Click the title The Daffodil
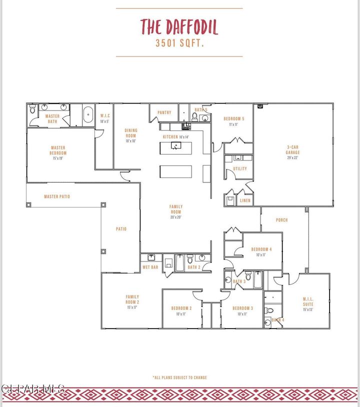[x=179, y=26]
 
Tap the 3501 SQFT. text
[x=179, y=43]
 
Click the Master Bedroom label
[x=58, y=150]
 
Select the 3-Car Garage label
[x=292, y=149]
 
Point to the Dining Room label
[x=130, y=133]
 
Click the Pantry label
[x=164, y=113]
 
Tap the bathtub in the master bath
[x=88, y=114]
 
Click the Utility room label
[x=240, y=169]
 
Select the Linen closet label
[x=245, y=200]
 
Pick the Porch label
[x=282, y=220]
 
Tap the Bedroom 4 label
[x=261, y=249]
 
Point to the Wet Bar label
[x=150, y=267]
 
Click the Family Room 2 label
[x=132, y=299]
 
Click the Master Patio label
[x=57, y=197]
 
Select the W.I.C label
[x=105, y=115]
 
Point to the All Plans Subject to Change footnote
[x=179, y=377]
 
